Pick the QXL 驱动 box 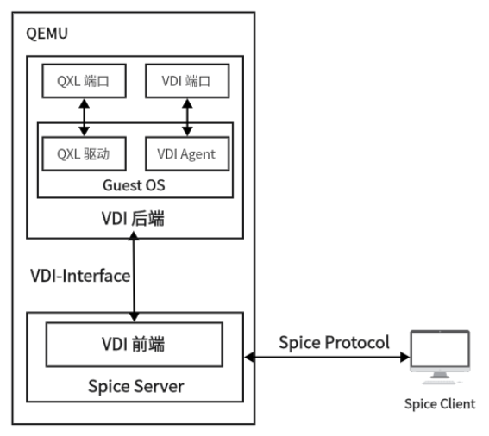85,154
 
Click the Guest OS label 135,186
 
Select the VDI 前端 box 135,346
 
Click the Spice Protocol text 332,340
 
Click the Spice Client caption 442,404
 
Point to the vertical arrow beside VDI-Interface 135,275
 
